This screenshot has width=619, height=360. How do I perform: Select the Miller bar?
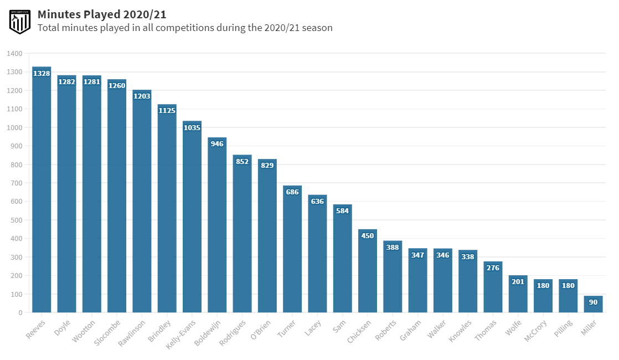(x=593, y=304)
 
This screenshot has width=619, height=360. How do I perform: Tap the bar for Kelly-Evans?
(x=192, y=222)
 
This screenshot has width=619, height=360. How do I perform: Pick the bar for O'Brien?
(x=267, y=238)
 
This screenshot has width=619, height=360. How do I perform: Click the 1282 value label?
(x=66, y=82)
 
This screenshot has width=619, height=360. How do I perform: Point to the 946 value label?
(x=217, y=144)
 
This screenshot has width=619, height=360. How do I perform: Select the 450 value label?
(x=368, y=236)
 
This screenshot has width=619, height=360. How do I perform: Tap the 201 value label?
(x=518, y=282)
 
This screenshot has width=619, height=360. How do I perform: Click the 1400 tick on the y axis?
(x=16, y=54)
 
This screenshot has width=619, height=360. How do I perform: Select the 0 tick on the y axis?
(x=20, y=313)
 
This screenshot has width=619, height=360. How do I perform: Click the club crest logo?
(x=20, y=21)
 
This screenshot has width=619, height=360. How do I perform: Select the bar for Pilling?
(x=568, y=299)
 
